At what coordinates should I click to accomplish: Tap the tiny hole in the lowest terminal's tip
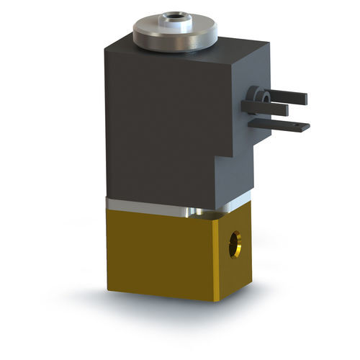tap(300, 127)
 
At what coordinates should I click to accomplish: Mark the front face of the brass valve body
tap(158, 252)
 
